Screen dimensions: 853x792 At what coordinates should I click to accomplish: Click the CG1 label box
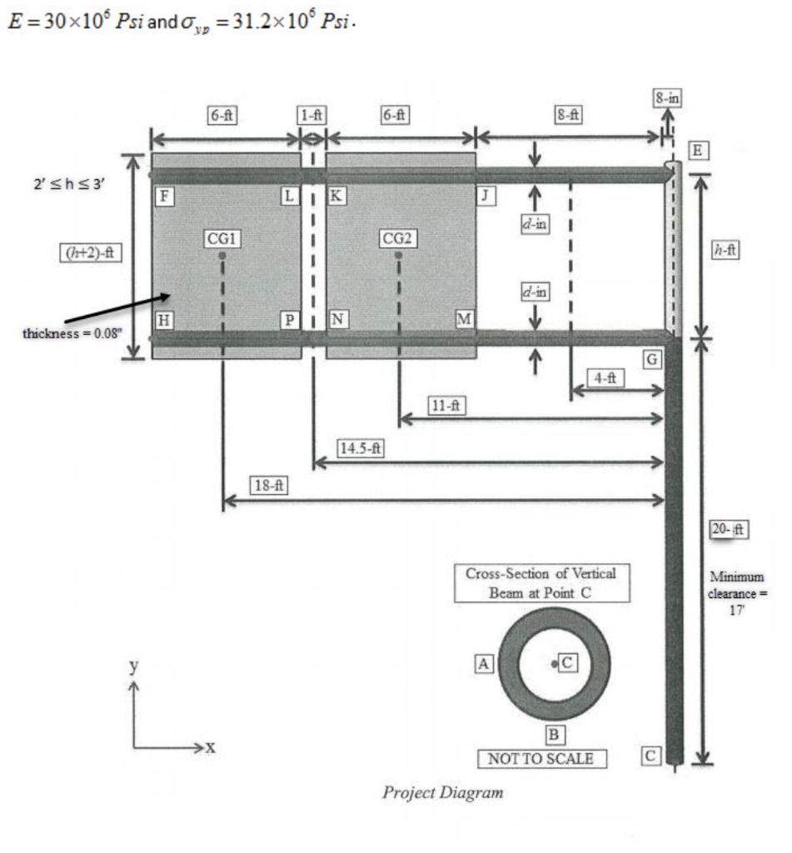point(222,239)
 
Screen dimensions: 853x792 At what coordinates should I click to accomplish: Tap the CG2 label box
point(398,239)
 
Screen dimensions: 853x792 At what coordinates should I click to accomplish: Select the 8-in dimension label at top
point(667,98)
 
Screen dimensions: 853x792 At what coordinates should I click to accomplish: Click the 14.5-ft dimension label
point(360,448)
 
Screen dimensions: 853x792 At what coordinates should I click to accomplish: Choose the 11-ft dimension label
point(447,406)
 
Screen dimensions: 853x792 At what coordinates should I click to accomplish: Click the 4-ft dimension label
point(606,377)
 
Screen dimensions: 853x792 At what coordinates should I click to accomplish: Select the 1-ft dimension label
point(312,116)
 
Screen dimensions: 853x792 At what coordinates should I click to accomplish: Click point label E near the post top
point(698,151)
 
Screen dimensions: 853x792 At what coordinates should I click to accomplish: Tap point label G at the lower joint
point(653,360)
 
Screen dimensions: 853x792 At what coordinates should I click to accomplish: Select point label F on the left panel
point(165,197)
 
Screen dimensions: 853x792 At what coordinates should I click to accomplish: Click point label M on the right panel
point(463,318)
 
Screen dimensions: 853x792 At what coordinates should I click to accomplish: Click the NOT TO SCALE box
point(542,759)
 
